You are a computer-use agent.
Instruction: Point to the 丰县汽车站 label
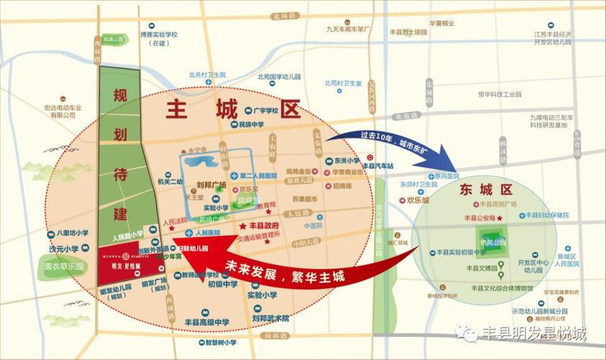point(378,166)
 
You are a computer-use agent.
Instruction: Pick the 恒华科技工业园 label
point(499,94)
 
